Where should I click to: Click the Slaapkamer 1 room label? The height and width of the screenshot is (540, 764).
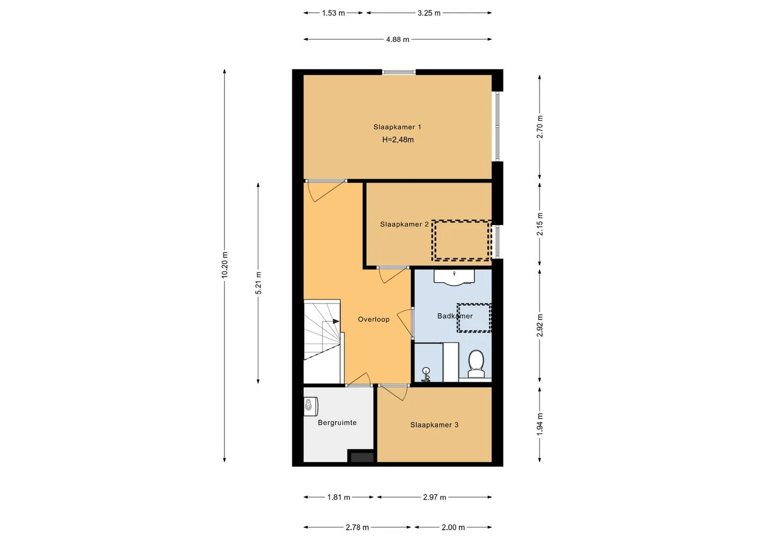tap(397, 127)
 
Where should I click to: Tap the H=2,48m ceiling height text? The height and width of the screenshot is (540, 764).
tap(398, 140)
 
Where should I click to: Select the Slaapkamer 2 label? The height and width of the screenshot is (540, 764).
tap(404, 224)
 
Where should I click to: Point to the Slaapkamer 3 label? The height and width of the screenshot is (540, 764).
tap(434, 425)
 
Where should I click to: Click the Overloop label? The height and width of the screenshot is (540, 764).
tap(374, 319)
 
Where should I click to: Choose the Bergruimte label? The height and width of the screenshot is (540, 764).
tap(337, 423)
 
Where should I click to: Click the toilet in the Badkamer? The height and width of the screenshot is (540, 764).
tap(476, 364)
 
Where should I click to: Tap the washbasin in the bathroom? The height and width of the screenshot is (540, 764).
tap(454, 277)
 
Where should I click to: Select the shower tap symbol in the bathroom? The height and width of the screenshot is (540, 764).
tap(426, 374)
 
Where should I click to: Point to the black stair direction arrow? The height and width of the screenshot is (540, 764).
tap(336, 321)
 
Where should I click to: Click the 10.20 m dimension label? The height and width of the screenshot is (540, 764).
tap(224, 265)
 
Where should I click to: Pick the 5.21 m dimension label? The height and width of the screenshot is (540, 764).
tap(258, 283)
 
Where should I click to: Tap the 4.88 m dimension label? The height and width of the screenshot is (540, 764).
tap(398, 40)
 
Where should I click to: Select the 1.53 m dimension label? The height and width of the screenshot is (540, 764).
tap(333, 13)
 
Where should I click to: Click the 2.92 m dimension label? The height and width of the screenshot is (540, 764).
tap(540, 325)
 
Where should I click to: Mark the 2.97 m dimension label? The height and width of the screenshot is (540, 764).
tap(435, 498)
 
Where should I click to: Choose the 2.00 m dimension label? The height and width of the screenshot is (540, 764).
tap(453, 528)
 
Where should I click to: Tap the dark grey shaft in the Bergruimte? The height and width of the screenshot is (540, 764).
tap(362, 457)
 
